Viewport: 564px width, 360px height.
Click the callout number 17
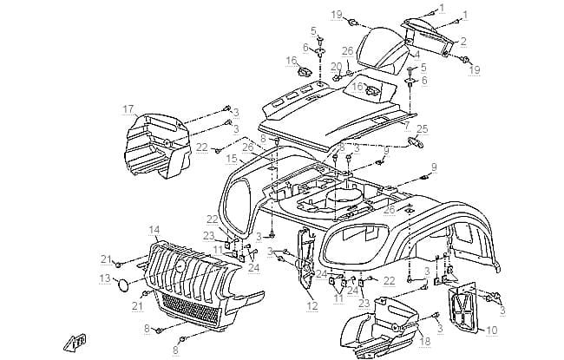[128, 109]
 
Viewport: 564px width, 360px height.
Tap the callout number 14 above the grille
[154, 230]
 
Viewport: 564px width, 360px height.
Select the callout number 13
[105, 278]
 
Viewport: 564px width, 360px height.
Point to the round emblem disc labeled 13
[124, 285]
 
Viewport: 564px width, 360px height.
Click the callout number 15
[232, 159]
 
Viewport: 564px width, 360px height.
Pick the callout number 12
[312, 306]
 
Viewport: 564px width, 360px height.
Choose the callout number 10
[492, 330]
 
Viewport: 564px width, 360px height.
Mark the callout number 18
[425, 340]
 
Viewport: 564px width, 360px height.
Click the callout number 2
[463, 42]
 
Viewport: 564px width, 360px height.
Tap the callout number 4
[416, 55]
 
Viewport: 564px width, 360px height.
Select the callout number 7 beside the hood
[407, 126]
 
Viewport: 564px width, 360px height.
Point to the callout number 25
[423, 128]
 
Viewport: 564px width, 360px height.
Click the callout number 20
[337, 67]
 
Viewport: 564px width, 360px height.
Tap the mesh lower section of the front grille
[190, 307]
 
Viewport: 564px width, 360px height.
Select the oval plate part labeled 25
[415, 141]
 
